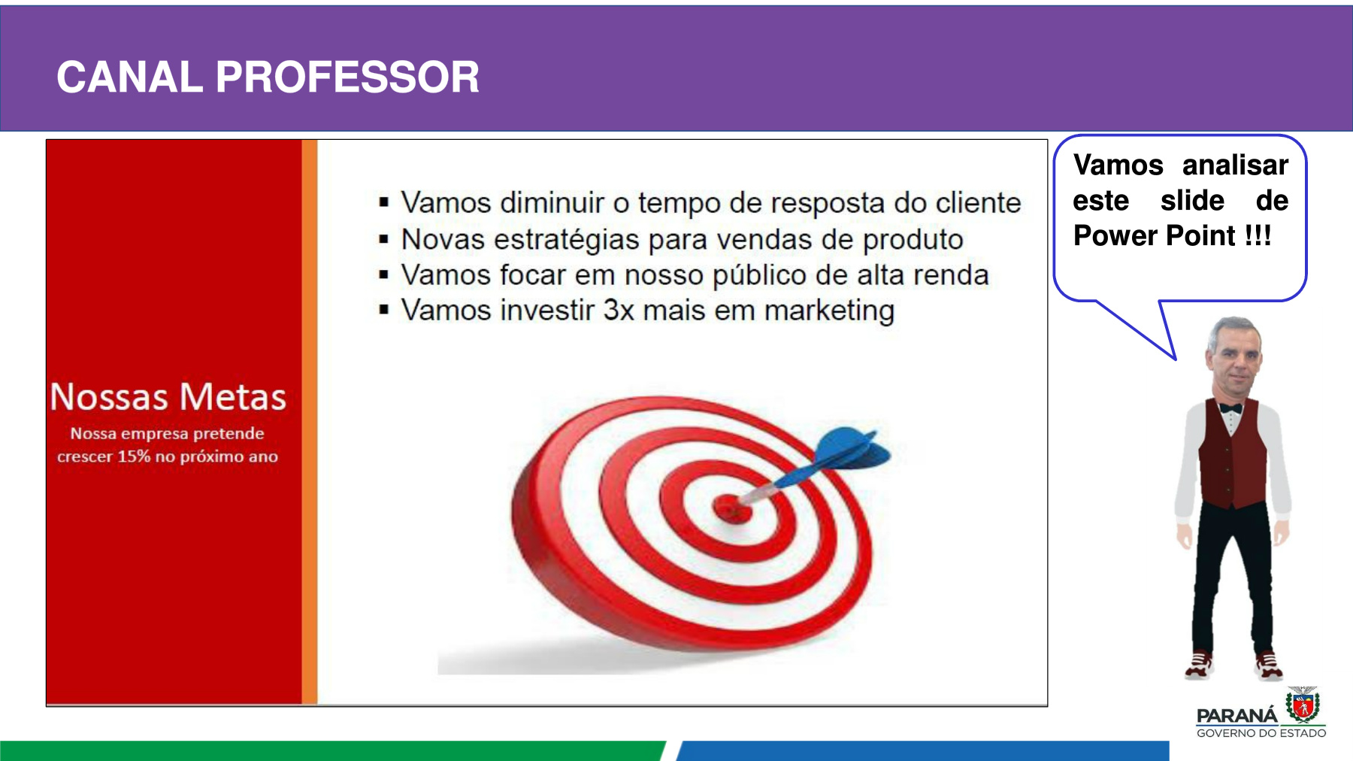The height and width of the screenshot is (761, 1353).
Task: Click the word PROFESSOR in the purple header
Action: click(x=347, y=77)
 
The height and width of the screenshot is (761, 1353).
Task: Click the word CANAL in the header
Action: click(x=130, y=77)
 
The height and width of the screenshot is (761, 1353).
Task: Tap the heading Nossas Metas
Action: click(x=168, y=396)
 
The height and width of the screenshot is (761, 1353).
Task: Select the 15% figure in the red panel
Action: click(x=134, y=456)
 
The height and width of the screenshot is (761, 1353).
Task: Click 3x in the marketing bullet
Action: click(x=619, y=310)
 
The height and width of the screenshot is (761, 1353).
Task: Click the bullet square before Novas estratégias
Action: click(x=384, y=240)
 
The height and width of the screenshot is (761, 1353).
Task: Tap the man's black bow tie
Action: click(x=1230, y=408)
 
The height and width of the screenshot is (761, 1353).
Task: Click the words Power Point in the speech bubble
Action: click(x=1155, y=235)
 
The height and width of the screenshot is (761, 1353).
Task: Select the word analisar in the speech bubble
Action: click(x=1236, y=165)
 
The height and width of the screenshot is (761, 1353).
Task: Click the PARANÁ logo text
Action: click(x=1236, y=715)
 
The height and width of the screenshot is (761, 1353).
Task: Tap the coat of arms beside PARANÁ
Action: click(x=1303, y=705)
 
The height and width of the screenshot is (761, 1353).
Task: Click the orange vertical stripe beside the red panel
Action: click(x=310, y=422)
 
